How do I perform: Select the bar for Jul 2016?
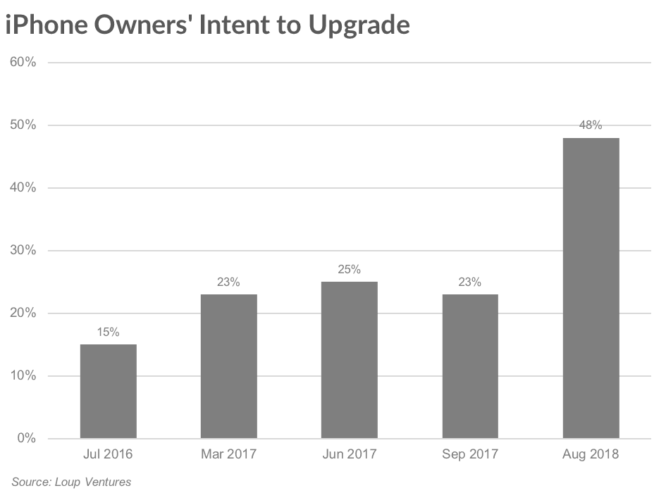tap(108, 392)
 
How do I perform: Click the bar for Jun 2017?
tap(349, 360)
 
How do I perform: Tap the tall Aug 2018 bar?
tap(591, 288)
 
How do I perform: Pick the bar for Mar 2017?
tap(228, 366)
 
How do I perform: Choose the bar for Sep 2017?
tap(469, 366)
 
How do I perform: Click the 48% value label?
tap(591, 125)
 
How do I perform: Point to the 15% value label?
tap(108, 332)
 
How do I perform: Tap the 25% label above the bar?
tap(349, 270)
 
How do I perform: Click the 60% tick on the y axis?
tap(23, 63)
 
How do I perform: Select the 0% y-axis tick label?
tap(26, 439)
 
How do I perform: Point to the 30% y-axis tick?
tap(23, 251)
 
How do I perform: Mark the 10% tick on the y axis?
tap(23, 376)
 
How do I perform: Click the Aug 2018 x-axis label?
tap(591, 454)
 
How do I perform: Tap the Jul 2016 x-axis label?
tap(108, 454)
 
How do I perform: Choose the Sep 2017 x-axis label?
tap(469, 454)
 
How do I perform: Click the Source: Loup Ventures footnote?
tap(71, 482)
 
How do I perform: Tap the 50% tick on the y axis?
tap(23, 125)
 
